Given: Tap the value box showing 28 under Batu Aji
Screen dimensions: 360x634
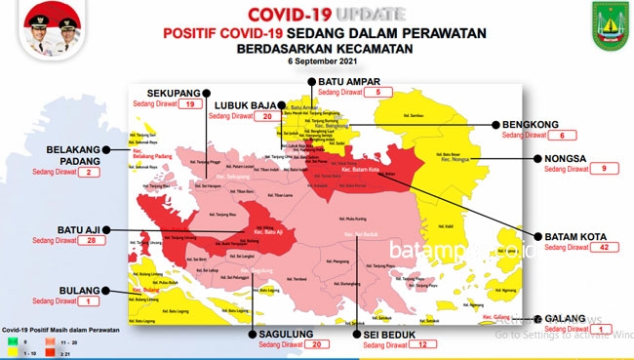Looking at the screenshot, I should [94, 240].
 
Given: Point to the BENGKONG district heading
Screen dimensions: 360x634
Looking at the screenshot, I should [532, 124].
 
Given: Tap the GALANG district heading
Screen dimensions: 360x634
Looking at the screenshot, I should [566, 318].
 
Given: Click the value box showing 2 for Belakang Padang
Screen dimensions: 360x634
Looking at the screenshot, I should [90, 173].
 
